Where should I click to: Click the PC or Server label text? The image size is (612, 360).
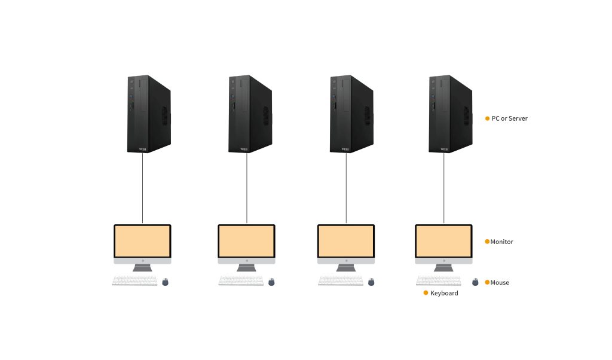(x=509, y=118)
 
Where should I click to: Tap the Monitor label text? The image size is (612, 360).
(x=502, y=242)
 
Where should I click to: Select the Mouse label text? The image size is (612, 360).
(x=500, y=282)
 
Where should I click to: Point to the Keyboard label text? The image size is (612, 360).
(x=444, y=293)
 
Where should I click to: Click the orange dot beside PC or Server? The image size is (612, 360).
(x=487, y=118)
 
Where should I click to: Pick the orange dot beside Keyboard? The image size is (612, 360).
(x=426, y=293)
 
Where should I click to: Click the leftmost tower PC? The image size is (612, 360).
(x=148, y=114)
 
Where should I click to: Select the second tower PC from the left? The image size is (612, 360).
(x=250, y=114)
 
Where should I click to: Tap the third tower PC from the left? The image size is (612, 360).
(x=351, y=114)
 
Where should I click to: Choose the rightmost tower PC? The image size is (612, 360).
(x=451, y=114)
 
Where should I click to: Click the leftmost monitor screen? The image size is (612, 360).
(x=143, y=241)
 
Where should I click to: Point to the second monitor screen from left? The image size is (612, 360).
(x=246, y=241)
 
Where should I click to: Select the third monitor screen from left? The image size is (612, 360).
(x=346, y=241)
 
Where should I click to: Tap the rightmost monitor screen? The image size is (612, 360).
(x=444, y=241)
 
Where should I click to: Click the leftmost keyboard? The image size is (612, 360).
(x=135, y=280)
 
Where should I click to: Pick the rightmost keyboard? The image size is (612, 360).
(x=439, y=280)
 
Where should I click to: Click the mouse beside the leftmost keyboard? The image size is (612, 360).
(x=166, y=282)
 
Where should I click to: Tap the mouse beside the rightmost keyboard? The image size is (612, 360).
(x=476, y=282)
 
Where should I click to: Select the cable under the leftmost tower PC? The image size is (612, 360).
(x=143, y=188)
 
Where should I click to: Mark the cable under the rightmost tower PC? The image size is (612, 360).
(x=444, y=188)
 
